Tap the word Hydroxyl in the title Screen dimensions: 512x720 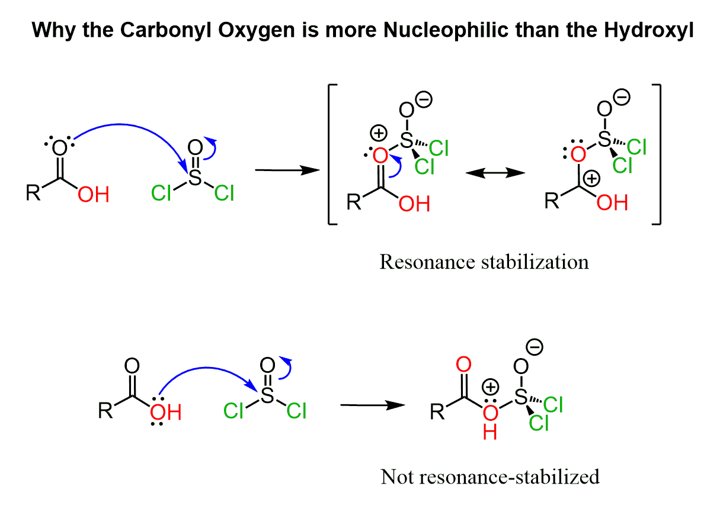point(647,30)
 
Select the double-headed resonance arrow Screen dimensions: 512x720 point(495,172)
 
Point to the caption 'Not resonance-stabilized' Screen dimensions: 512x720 point(490,476)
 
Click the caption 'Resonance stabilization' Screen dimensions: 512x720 point(484,262)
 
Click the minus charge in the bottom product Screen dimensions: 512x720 point(535,348)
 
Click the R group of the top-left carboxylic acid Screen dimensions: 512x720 point(34,194)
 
